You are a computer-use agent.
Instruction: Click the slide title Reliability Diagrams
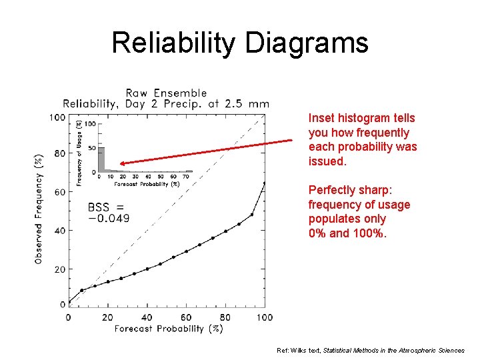pos(239,43)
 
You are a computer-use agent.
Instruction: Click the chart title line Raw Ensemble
pos(166,93)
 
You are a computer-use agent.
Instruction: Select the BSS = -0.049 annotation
pos(109,213)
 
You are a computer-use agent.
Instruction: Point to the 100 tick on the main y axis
pos(57,118)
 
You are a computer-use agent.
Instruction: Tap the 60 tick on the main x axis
pos(186,317)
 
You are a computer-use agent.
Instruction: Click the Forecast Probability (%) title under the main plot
pos(168,329)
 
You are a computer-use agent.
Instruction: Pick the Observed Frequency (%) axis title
pos(39,209)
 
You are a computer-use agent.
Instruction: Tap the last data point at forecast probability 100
pos(265,183)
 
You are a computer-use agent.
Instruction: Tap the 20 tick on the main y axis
pos(61,269)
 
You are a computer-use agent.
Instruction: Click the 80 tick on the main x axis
pos(225,317)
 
